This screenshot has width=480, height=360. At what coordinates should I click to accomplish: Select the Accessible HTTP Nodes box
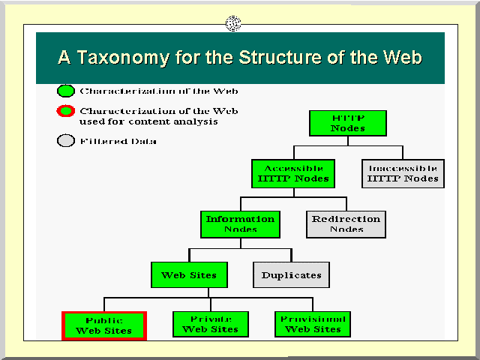tap(293, 173)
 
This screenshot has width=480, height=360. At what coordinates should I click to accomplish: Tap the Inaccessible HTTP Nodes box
tap(402, 173)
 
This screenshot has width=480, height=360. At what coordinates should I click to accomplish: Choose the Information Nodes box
tap(241, 223)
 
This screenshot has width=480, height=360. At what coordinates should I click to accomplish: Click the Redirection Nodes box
tap(346, 223)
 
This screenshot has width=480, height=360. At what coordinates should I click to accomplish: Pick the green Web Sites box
tap(188, 274)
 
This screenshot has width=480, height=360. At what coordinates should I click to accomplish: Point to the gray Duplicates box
tap(291, 274)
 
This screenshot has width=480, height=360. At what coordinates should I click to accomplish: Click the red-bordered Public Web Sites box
tap(104, 325)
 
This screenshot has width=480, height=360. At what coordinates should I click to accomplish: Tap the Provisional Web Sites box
tap(313, 324)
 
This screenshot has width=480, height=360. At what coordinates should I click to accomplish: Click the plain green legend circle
tap(66, 91)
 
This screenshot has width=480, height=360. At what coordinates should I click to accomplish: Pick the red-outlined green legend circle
tap(66, 112)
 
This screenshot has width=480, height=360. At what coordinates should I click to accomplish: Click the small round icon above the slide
tap(233, 23)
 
